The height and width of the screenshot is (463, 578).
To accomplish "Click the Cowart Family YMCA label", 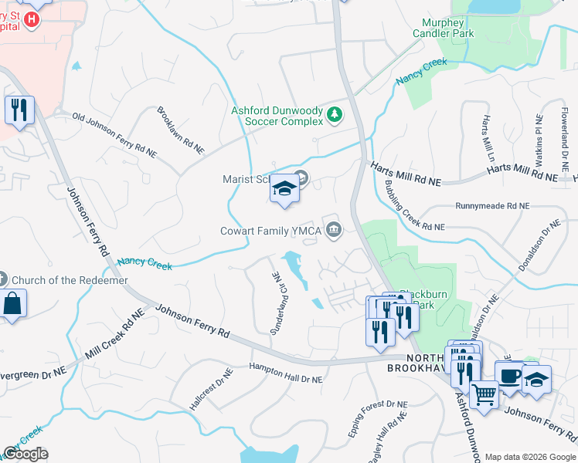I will pos(270,230).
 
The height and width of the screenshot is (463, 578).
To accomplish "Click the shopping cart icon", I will pos(484,396).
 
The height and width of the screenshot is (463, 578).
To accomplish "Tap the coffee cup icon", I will pos(509,376).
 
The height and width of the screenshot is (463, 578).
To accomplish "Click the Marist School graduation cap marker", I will pos(284,189).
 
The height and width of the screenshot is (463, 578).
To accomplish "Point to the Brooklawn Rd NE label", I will pos(181,130).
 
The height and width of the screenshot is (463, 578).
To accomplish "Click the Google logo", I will pos(25,454).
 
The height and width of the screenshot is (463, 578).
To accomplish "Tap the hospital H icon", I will pos(31,19).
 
